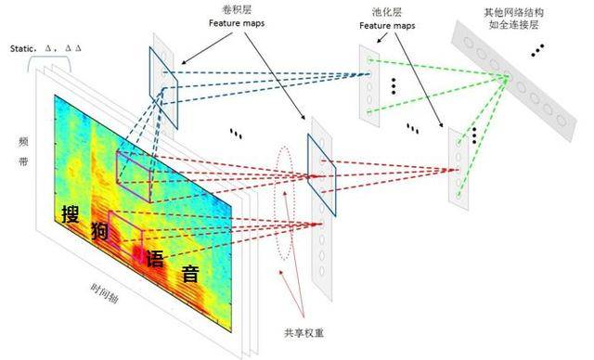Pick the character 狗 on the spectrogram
click(x=100, y=232)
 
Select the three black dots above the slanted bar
click(x=536, y=49)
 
